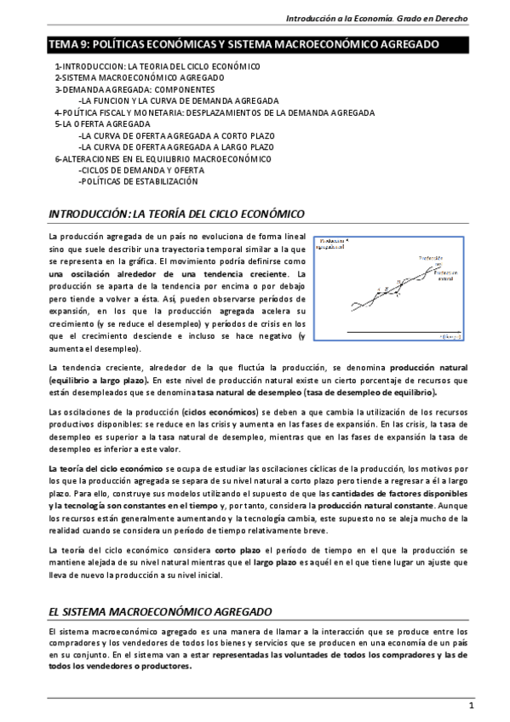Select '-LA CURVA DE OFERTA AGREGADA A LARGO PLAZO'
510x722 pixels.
[x=163, y=146]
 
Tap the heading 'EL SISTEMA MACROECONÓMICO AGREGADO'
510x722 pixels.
[x=160, y=611]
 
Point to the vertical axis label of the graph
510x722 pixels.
[x=333, y=245]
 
